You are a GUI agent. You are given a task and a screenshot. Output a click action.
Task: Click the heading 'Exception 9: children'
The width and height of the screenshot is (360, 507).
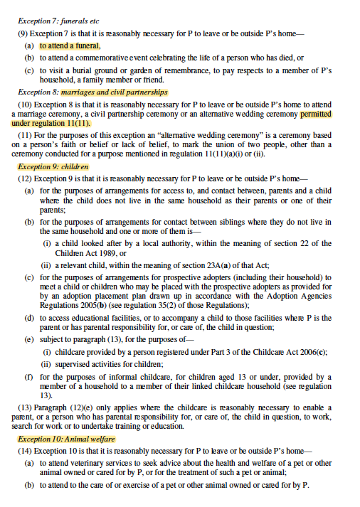[53, 167]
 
